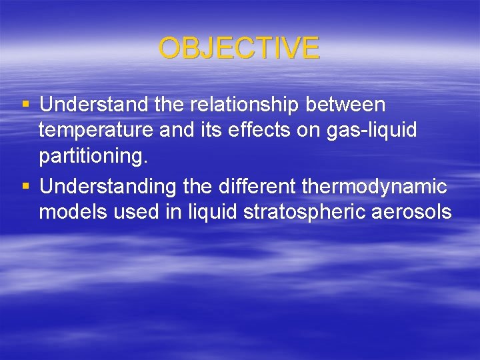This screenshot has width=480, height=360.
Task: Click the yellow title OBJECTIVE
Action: (x=239, y=49)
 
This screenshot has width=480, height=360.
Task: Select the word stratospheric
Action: (x=289, y=213)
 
